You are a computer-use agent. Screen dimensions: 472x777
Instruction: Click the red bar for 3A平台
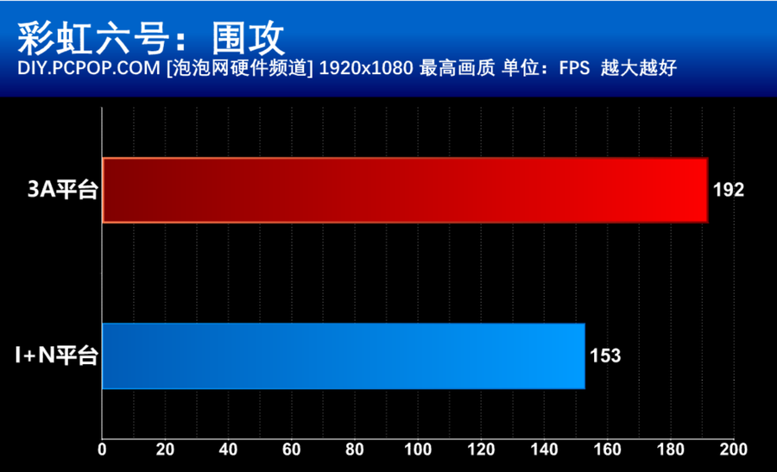(405, 191)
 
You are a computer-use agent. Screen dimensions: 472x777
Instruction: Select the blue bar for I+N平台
(344, 356)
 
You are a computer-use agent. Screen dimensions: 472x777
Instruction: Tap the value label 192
(729, 191)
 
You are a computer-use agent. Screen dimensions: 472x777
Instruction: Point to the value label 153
(605, 356)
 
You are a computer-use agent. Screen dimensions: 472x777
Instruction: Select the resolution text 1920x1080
(366, 68)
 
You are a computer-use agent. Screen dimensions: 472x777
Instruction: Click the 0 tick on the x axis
(103, 450)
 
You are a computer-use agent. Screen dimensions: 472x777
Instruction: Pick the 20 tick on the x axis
(166, 450)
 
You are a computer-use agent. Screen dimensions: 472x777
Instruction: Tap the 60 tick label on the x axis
(292, 450)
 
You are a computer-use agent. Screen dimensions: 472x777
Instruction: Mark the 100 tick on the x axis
(418, 450)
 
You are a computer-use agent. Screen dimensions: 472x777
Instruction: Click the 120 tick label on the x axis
(481, 450)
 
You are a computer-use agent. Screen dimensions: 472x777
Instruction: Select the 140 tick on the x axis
(544, 450)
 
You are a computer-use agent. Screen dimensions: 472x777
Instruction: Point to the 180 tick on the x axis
(671, 450)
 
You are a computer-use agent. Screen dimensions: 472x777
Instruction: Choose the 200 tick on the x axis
(733, 450)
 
